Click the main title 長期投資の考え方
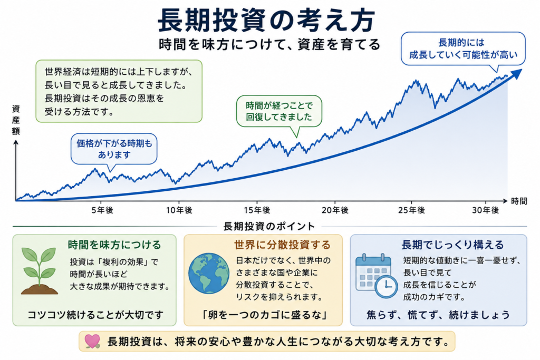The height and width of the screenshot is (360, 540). pyautogui.click(x=266, y=21)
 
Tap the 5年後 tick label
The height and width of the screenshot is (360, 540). pyautogui.click(x=102, y=210)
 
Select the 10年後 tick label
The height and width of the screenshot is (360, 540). pyautogui.click(x=179, y=210)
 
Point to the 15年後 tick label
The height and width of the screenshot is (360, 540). pyautogui.click(x=257, y=210)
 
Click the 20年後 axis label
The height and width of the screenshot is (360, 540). pyautogui.click(x=335, y=210)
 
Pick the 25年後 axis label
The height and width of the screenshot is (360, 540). pyautogui.click(x=411, y=210)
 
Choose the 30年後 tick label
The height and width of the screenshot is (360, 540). pyautogui.click(x=486, y=210)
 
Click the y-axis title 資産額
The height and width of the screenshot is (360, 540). pyautogui.click(x=16, y=120)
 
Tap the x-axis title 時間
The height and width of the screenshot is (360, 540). pyautogui.click(x=519, y=201)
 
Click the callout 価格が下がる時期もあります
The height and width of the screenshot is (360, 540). pyautogui.click(x=114, y=149)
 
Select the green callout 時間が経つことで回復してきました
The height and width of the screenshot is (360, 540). pyautogui.click(x=279, y=111)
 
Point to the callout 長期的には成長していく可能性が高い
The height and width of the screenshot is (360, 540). pyautogui.click(x=463, y=48)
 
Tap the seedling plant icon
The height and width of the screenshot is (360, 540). pyautogui.click(x=39, y=271)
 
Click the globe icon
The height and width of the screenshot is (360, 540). pyautogui.click(x=209, y=274)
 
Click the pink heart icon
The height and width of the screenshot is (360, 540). pyautogui.click(x=92, y=341)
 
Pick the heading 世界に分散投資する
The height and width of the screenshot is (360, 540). pyautogui.click(x=283, y=245)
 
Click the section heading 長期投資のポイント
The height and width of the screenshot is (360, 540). pyautogui.click(x=269, y=226)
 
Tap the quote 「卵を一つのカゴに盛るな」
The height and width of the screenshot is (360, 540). pyautogui.click(x=264, y=315)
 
